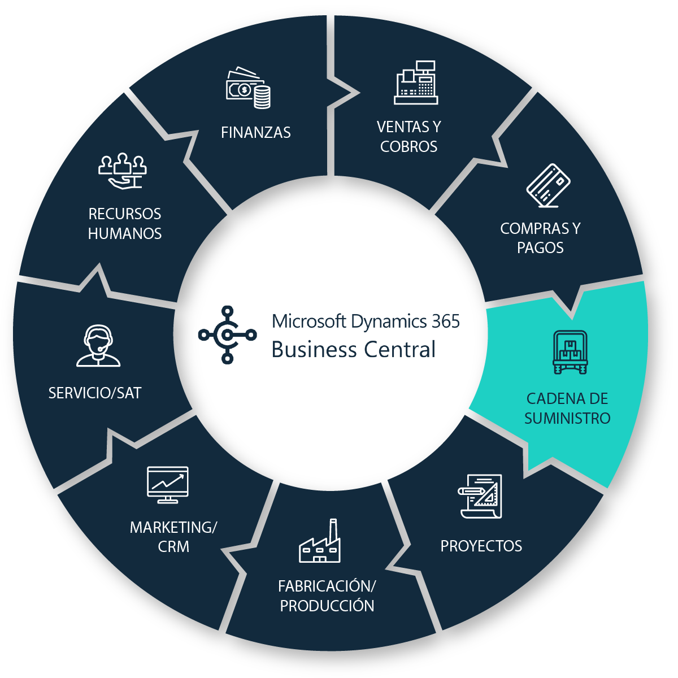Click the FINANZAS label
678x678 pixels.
(256, 133)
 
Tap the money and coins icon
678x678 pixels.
(248, 89)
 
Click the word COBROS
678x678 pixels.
(408, 147)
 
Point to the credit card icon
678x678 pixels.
(548, 185)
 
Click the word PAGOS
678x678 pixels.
(540, 248)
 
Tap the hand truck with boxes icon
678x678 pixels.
(570, 353)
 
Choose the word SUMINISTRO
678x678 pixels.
(567, 419)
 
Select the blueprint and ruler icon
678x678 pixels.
(480, 496)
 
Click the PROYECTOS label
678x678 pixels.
(481, 546)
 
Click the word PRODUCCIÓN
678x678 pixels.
(327, 606)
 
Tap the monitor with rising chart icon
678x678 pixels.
(167, 485)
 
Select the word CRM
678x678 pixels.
(173, 547)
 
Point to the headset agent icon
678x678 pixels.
(98, 346)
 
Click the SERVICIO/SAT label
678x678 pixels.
(95, 393)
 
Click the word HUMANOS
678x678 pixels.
(125, 234)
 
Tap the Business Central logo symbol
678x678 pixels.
(227, 334)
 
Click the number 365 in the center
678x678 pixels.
(446, 321)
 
